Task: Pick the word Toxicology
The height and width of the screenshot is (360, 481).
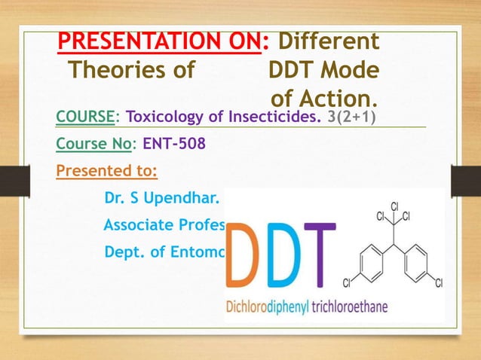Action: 165,118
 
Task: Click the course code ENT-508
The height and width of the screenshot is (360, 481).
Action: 171,144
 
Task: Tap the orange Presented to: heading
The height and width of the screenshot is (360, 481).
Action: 107,170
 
